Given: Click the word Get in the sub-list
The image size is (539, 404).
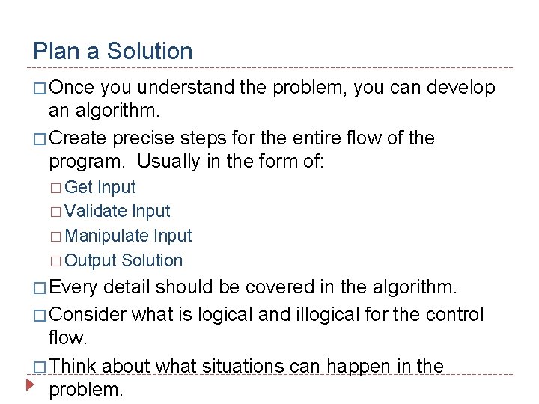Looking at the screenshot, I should [79, 187].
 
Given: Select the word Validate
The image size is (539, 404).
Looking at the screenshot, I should [96, 212].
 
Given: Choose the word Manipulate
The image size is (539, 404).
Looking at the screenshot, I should [107, 236].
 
